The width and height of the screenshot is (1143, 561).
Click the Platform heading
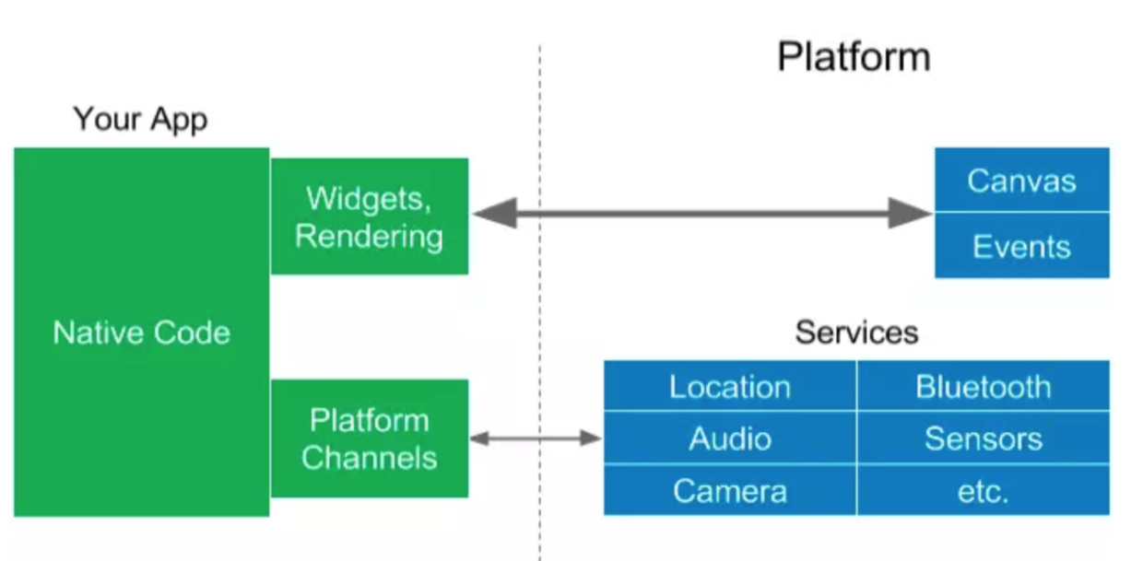pos(854,56)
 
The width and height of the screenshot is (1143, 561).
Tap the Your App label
pos(140,119)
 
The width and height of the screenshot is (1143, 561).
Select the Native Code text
pos(141,333)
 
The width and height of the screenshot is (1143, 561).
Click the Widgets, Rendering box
pos(369,216)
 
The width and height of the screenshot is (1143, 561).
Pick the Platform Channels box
pos(369,438)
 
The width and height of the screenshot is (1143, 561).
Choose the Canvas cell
pos(1021,181)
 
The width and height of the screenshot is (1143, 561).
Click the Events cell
pos(1021,246)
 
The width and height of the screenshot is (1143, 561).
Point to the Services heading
pos(856,332)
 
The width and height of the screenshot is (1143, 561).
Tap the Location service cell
pos(730,386)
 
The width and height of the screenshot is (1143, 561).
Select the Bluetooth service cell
pos(983,386)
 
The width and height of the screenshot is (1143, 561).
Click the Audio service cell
pos(730,438)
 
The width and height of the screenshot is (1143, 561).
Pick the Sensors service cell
pos(983,438)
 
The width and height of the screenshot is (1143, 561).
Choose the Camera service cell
pos(730,490)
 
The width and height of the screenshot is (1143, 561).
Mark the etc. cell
pos(983,490)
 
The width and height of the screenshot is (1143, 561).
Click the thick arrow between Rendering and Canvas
pos(701,214)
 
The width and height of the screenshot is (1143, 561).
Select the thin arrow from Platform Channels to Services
pos(536,438)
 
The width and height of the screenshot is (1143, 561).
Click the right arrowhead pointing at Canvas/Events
pos(912,214)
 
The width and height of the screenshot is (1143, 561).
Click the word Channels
pos(369,457)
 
